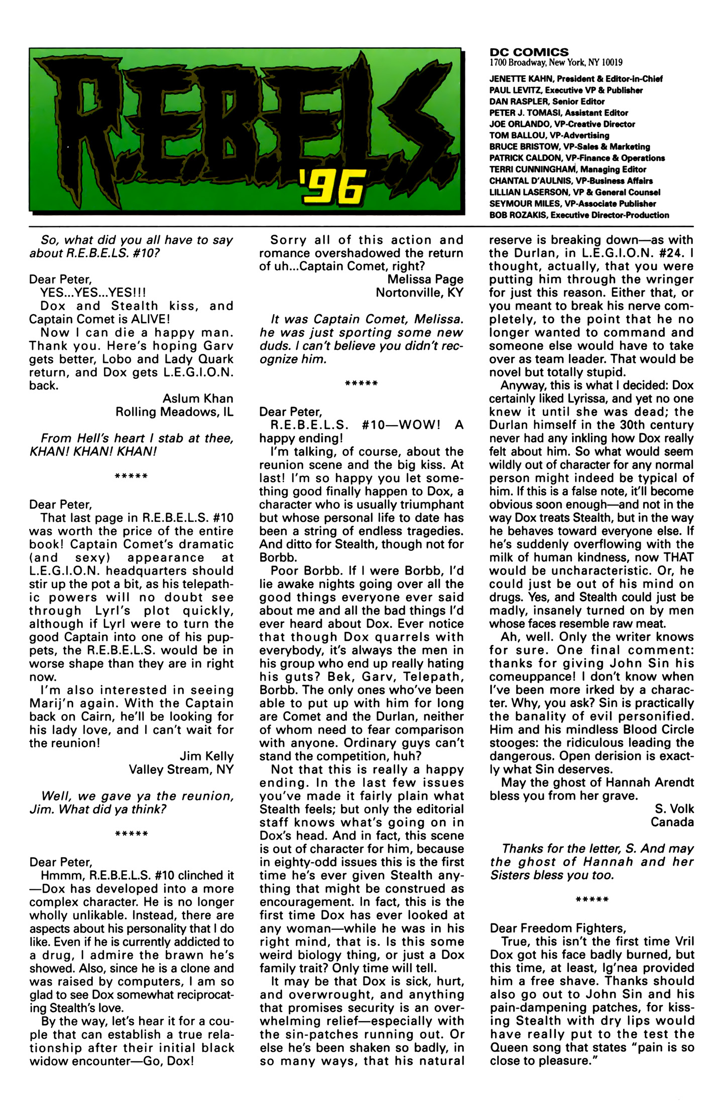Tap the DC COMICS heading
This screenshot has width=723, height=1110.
click(529, 52)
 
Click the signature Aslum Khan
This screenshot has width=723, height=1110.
click(198, 399)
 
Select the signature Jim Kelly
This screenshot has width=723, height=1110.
click(206, 756)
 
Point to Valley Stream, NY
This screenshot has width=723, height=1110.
click(181, 769)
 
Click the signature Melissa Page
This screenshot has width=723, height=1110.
click(425, 280)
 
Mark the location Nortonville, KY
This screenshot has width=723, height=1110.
click(419, 293)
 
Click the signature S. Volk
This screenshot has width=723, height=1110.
click(674, 809)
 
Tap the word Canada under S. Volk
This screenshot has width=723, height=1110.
click(672, 822)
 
